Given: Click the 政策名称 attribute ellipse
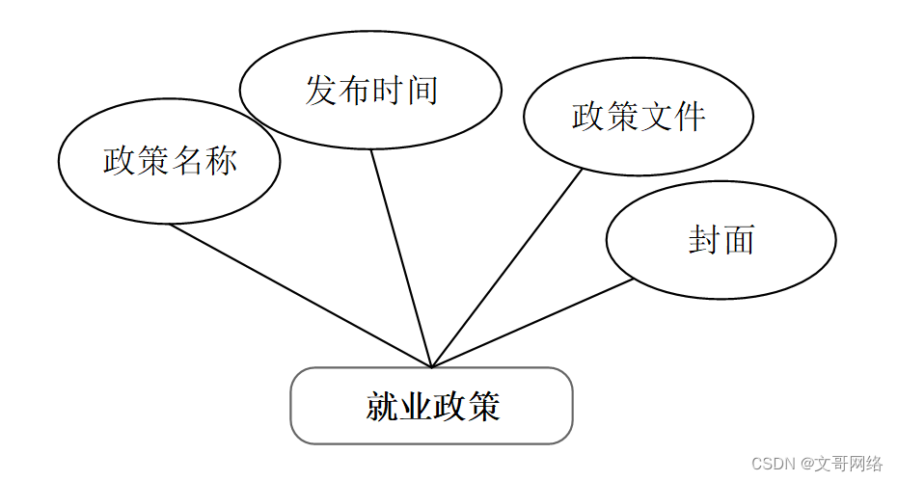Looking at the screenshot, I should coord(169,161).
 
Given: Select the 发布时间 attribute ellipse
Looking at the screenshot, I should coord(370,91).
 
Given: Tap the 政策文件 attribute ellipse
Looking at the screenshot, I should coord(638,118).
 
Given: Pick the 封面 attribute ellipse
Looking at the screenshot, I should coord(721,239).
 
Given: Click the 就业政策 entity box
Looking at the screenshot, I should coord(431,406).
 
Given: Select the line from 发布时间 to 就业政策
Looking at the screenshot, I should coord(401,258).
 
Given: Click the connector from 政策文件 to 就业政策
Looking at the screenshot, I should coord(506,269).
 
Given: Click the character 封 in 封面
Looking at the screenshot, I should coord(704,239).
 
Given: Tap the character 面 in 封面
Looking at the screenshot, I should coord(738,239).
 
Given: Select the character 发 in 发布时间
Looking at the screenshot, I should coord(321,91).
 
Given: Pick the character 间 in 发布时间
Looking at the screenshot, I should coord(422,91).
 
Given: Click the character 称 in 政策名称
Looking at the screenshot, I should coord(221,161).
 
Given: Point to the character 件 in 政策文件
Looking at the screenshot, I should coord(689,118).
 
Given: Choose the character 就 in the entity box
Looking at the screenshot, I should coord(382,406).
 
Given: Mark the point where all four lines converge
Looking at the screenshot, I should coord(431,367).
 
